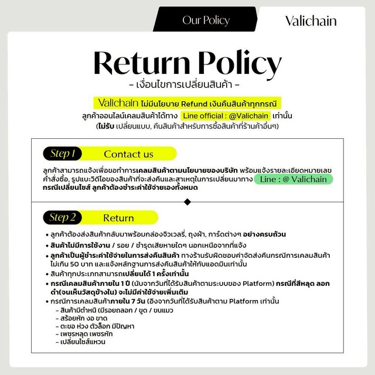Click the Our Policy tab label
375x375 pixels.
pyautogui.click(x=206, y=21)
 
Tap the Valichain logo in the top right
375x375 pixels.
pyautogui.click(x=311, y=21)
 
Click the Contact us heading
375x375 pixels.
pyautogui.click(x=128, y=154)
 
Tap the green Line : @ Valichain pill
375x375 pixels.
pyautogui.click(x=294, y=179)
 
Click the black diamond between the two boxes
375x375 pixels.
pyautogui.click(x=187, y=202)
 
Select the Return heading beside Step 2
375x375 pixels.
pyautogui.click(x=118, y=218)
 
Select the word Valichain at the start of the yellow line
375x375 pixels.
pyautogui.click(x=119, y=101)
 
